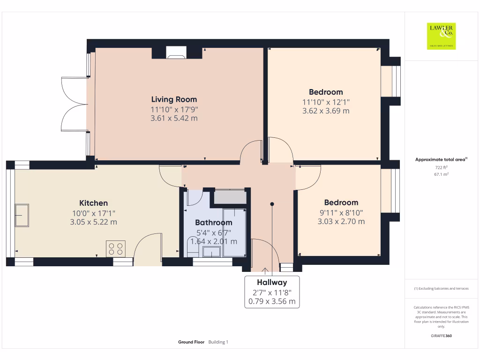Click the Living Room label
point(174,99)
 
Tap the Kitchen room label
point(93,203)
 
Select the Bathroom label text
point(214,223)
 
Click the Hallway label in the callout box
point(272,282)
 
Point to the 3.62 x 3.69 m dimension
point(326,111)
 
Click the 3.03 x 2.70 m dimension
point(341,221)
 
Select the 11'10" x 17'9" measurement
point(174,109)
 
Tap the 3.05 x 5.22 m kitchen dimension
point(93,222)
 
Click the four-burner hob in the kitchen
point(116,248)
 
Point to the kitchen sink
point(22,215)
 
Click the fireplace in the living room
point(177,53)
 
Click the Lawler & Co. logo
point(441,36)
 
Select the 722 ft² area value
point(441,167)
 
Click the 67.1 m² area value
point(441,174)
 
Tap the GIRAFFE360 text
point(441,336)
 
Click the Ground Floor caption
point(191,342)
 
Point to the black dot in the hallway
point(272,204)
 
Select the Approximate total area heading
point(441,160)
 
